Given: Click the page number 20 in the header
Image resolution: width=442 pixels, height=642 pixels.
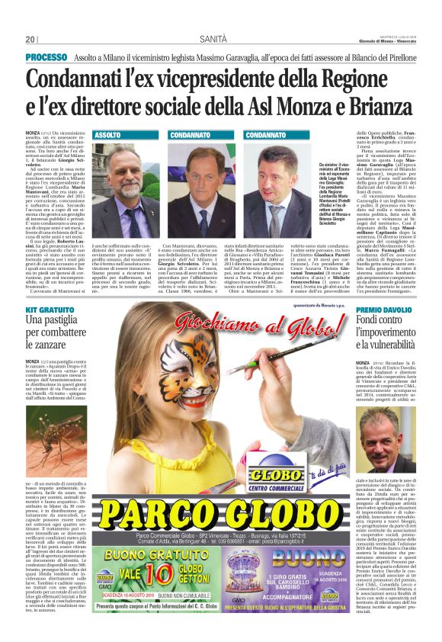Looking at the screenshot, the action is (30, 39).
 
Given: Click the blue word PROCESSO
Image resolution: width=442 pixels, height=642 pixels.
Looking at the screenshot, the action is (45, 57).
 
